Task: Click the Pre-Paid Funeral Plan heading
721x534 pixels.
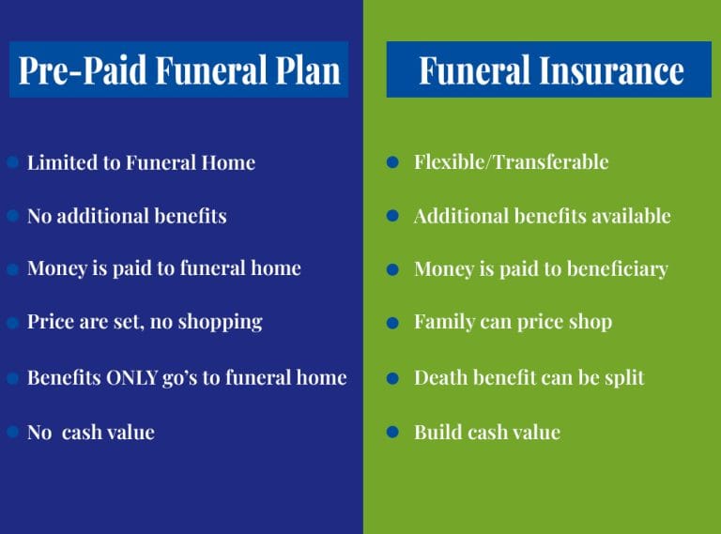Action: point(178,70)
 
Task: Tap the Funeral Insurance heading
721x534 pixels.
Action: point(550,70)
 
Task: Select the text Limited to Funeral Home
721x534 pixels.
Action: point(141,162)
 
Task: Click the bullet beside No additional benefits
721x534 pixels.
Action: point(13,216)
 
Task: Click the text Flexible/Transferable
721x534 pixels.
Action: point(511,162)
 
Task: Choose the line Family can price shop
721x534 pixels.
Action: point(513,322)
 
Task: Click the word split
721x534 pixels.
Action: point(624,377)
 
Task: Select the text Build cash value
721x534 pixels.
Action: point(486,433)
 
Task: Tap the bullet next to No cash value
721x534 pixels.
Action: point(13,433)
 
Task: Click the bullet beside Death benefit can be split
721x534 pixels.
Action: point(394,378)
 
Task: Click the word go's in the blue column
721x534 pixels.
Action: point(184,378)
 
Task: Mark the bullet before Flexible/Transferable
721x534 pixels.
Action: point(394,163)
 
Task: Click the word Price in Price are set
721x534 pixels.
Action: point(50,322)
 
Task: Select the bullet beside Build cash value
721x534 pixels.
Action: point(394,433)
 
